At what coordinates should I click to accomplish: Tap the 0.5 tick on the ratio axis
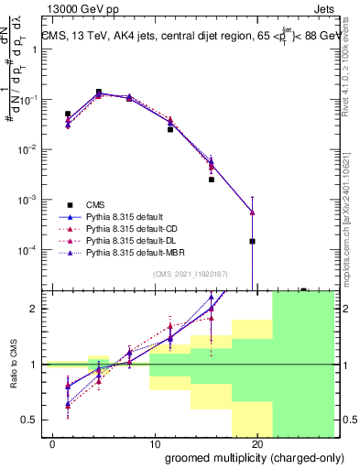(x=35, y=420)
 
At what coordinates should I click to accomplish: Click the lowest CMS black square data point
(x=252, y=241)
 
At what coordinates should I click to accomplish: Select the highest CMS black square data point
(x=98, y=92)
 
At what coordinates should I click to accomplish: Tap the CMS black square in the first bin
(x=68, y=114)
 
